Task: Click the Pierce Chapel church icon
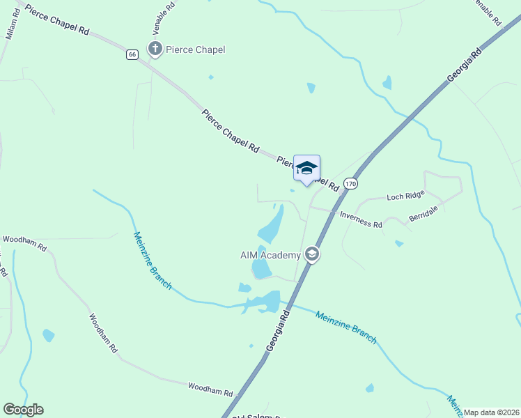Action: point(155,49)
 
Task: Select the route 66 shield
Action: point(132,54)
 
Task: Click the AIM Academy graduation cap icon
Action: point(312,255)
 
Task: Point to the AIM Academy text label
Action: point(270,255)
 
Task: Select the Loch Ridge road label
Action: point(404,197)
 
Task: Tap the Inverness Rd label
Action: point(361,220)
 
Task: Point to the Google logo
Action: point(23,410)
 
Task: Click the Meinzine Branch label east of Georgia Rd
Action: point(345,327)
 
